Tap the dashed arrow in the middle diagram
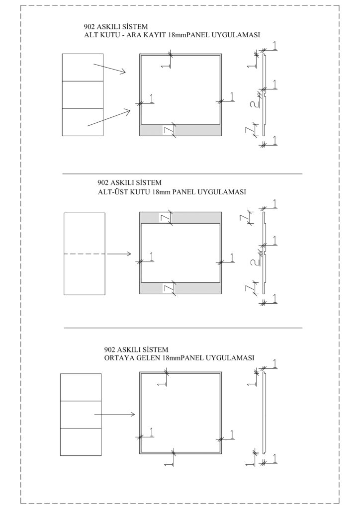coord(97,254)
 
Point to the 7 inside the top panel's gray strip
coord(169,130)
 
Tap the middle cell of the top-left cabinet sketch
coord(82,94)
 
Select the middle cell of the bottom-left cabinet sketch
coord(80,414)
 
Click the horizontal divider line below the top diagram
coord(182,174)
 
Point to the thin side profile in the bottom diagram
coord(265,413)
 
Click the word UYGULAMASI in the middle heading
coord(220,192)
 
